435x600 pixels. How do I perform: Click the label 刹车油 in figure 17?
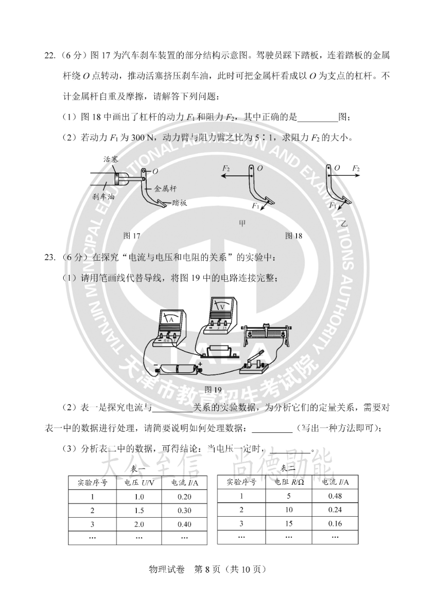click(103, 197)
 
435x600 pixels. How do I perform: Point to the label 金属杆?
click(165, 189)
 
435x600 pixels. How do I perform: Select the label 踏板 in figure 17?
click(179, 203)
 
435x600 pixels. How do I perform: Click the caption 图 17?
click(131, 235)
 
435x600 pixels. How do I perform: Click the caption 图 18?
click(293, 235)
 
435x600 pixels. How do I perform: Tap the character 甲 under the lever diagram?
click(242, 224)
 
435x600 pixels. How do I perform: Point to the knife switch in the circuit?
click(254, 363)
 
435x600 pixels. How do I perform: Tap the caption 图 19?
click(213, 390)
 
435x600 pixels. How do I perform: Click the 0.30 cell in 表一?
click(184, 511)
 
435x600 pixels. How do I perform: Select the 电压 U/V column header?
click(139, 483)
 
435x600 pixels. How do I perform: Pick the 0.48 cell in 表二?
click(335, 496)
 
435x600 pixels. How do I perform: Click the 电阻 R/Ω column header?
click(289, 482)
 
